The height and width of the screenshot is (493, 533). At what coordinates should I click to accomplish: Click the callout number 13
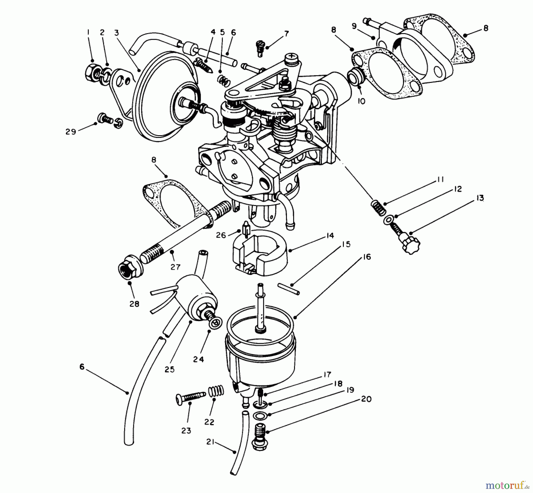(x=480, y=198)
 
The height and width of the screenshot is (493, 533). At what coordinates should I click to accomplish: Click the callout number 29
(x=71, y=132)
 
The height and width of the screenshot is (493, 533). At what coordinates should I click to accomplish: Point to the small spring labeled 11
(x=378, y=208)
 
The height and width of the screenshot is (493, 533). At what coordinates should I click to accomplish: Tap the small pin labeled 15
(x=289, y=289)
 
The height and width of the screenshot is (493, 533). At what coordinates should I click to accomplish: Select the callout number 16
(x=367, y=257)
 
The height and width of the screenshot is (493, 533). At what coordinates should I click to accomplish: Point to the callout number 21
(x=210, y=443)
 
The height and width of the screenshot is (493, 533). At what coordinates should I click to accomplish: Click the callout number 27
(x=175, y=267)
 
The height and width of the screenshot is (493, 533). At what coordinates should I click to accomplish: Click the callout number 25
(x=170, y=369)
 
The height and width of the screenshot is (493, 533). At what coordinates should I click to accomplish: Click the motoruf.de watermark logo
(x=508, y=485)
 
